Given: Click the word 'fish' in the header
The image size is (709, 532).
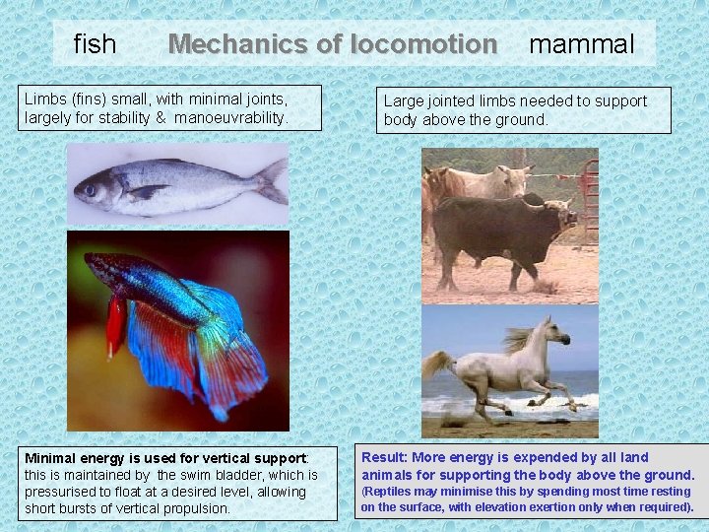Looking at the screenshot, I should click(x=95, y=44).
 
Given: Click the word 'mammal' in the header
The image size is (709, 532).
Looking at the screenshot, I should click(x=582, y=44).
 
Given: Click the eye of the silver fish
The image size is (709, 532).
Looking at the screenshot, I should click(x=91, y=188).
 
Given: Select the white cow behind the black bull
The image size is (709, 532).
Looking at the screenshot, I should click(x=492, y=181).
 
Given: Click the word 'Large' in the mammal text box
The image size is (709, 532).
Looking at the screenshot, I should click(x=403, y=100).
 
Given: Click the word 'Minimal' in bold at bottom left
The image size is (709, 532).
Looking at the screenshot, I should click(x=51, y=458).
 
